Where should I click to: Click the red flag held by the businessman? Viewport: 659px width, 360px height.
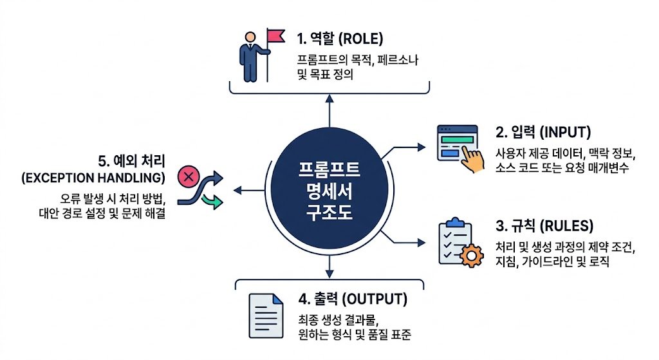(x=276, y=36)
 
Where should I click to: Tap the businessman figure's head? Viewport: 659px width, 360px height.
(x=250, y=37)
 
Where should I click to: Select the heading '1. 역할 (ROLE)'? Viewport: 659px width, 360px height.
(x=340, y=39)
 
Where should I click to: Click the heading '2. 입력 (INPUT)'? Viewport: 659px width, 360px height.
(x=543, y=132)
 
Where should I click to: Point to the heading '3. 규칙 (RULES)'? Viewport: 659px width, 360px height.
(x=544, y=226)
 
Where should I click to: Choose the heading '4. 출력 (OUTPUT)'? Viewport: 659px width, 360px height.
(x=353, y=299)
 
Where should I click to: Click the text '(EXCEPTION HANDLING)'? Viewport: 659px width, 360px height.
(x=93, y=178)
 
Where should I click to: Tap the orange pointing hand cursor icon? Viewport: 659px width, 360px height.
(x=472, y=159)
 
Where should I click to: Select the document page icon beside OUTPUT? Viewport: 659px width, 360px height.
(x=266, y=316)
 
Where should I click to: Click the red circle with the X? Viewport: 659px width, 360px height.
(x=189, y=176)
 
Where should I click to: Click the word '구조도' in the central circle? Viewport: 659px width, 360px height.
(x=329, y=212)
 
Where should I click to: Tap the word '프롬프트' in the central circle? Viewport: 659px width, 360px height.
(x=329, y=169)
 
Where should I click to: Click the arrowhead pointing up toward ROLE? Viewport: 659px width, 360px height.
(x=329, y=99)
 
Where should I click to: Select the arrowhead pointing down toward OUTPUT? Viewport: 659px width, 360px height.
(x=329, y=274)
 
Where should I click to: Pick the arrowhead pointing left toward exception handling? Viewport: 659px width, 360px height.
(x=238, y=191)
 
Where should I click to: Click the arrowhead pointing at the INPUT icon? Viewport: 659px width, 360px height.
(x=421, y=147)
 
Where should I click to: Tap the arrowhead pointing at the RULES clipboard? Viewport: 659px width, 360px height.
(x=421, y=242)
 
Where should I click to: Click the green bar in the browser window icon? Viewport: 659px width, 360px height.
(x=458, y=140)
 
